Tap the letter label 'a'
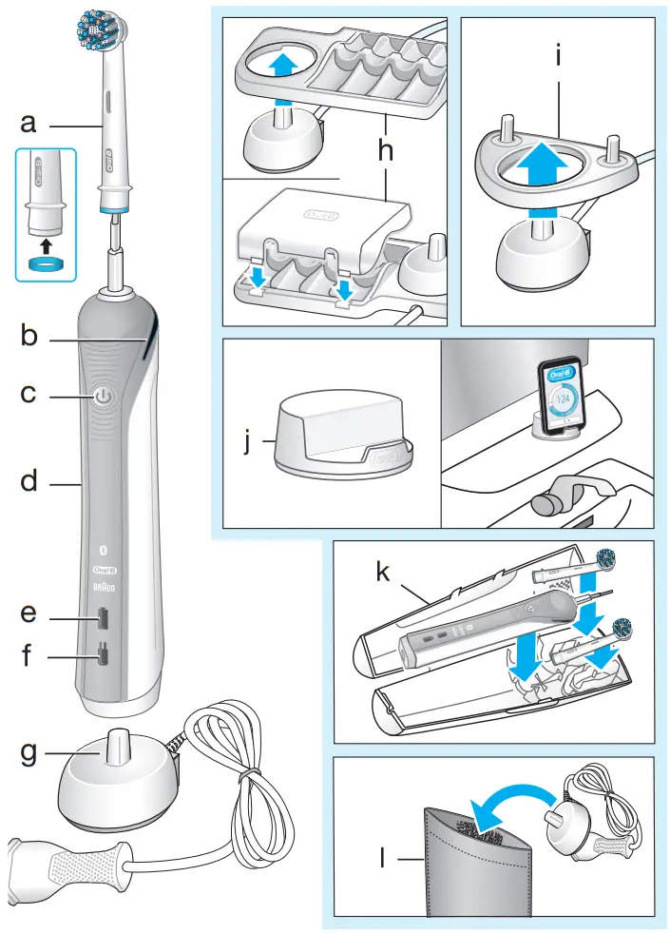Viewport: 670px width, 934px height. [x=29, y=123]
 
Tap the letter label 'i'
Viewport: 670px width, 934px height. [x=560, y=56]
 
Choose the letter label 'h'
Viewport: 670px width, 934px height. [x=385, y=150]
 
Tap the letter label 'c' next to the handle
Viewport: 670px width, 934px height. [x=29, y=392]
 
